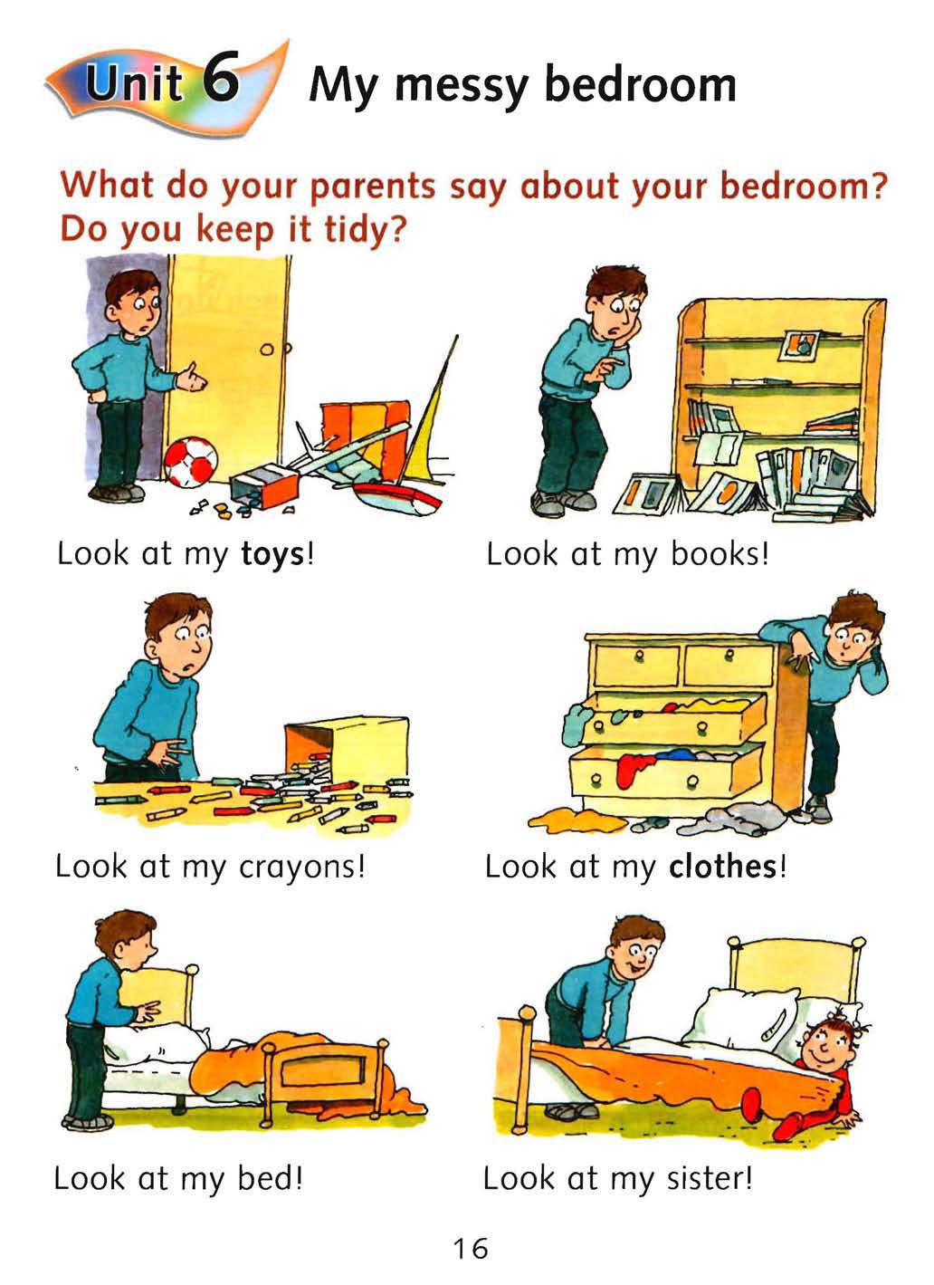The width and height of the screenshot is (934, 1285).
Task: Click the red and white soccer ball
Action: click(x=190, y=462)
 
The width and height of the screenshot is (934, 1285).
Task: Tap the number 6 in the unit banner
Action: click(x=220, y=77)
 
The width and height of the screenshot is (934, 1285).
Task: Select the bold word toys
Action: click(x=272, y=555)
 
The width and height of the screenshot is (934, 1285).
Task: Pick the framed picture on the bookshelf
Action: click(x=798, y=345)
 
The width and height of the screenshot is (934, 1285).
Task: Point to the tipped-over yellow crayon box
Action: click(x=347, y=746)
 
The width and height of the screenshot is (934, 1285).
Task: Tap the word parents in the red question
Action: click(x=373, y=187)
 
